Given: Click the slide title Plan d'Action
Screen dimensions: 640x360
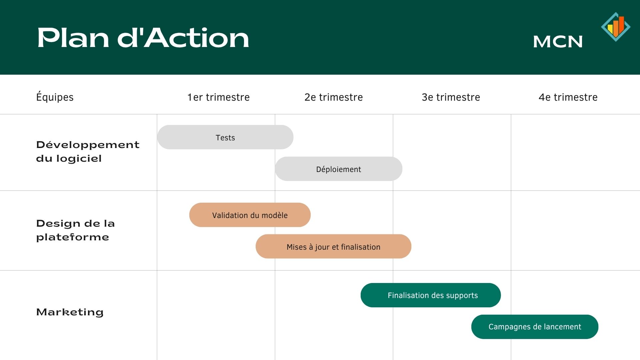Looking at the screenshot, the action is pos(143,38).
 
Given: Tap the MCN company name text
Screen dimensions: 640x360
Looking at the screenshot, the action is pos(558,42).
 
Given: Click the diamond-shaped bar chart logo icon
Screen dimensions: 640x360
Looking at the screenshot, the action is pos(616,27).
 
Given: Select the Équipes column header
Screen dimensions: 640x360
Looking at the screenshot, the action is pos(55,97).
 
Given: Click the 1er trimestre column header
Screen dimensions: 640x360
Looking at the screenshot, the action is pos(218,97).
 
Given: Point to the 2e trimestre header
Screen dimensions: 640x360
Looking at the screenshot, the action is pos(334,97).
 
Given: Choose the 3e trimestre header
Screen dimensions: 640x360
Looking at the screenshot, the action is pos(451,97).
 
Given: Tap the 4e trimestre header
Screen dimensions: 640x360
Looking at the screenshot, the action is pos(568,97).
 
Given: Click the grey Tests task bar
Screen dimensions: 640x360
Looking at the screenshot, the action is pos(225,137).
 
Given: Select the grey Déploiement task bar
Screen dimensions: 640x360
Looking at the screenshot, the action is pos(339,169).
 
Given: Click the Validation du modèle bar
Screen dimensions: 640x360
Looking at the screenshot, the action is pos(250,215).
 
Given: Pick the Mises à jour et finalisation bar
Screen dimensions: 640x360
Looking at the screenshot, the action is pos(333,246).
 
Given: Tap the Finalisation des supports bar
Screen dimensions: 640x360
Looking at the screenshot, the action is pos(431,295).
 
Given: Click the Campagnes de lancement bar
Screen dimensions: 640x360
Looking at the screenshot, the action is pos(535,327).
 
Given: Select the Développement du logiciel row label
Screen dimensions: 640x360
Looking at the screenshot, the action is pos(88,151).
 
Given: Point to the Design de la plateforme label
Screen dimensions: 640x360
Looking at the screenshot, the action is pos(75,230).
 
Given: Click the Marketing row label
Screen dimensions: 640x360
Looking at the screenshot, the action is pos(70,312).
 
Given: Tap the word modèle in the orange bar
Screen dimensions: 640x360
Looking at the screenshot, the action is pos(275,215).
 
